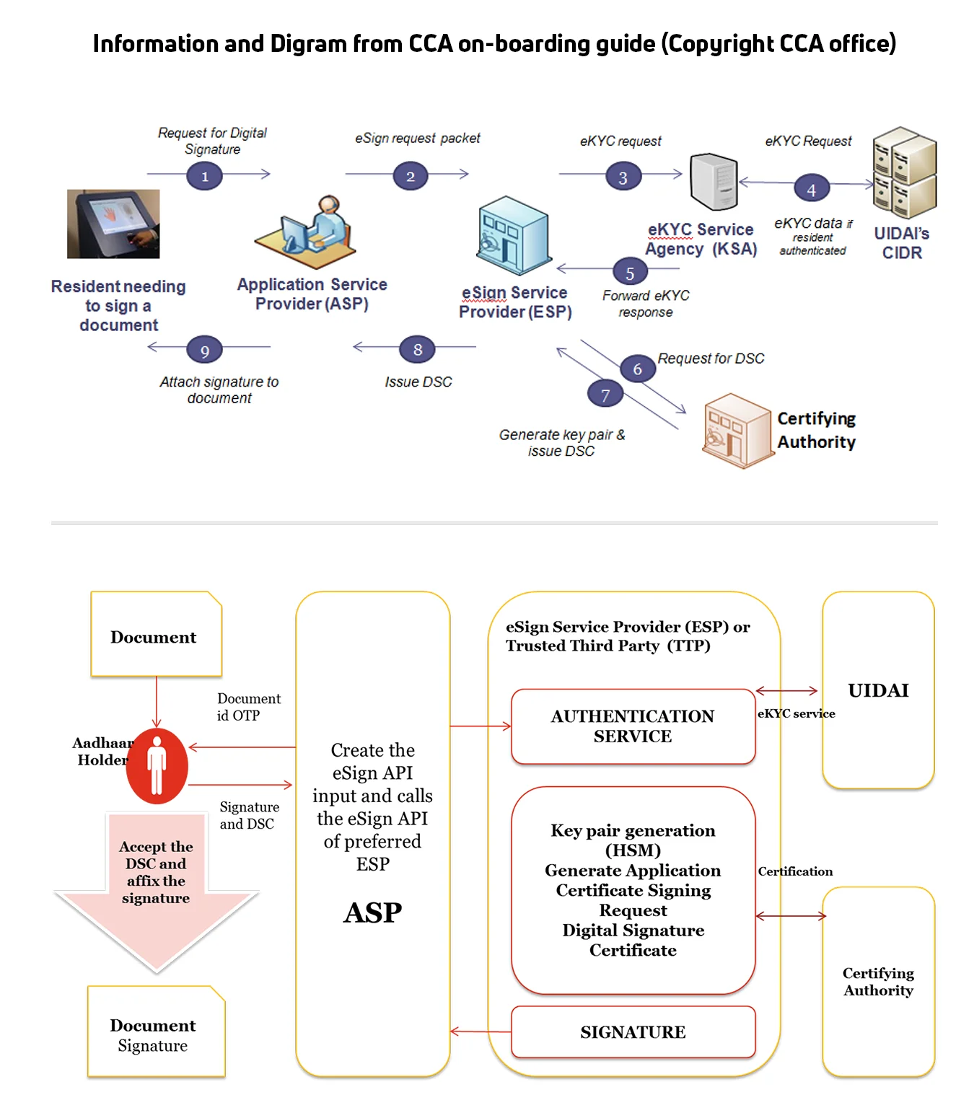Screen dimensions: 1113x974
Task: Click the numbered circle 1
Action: [x=204, y=176]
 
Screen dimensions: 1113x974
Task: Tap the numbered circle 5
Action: [x=630, y=273]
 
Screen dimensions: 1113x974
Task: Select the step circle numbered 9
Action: [x=204, y=351]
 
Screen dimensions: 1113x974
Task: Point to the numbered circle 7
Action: [x=605, y=395]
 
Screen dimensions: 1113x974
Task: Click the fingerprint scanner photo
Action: [x=113, y=224]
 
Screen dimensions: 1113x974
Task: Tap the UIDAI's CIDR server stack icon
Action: [x=904, y=173]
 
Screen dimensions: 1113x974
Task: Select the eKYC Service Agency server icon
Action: [x=714, y=182]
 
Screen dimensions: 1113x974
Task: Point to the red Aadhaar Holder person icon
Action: [x=157, y=766]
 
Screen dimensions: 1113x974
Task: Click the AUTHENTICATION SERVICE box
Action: [x=633, y=726]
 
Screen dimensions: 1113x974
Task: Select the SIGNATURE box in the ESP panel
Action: [x=633, y=1032]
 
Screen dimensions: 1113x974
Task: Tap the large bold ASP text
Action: [x=372, y=913]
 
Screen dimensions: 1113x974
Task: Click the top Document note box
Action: [x=155, y=635]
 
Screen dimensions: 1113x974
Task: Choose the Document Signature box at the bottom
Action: [x=155, y=1032]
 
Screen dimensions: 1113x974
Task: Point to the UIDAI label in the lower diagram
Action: [x=878, y=690]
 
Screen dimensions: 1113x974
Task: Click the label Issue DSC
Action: [x=418, y=382]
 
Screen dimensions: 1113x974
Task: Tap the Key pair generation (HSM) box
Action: [x=633, y=890]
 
